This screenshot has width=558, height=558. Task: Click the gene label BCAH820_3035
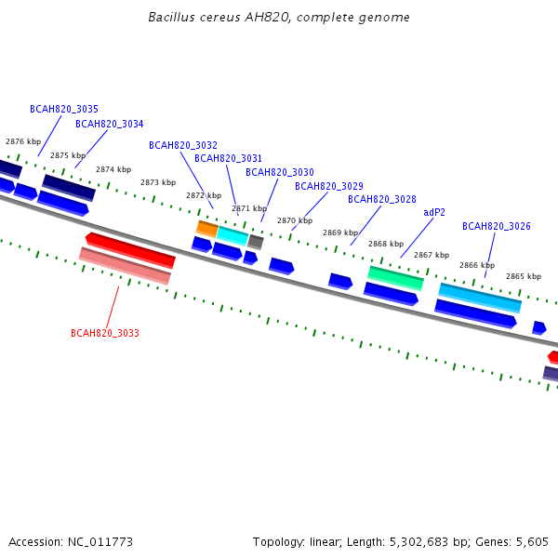(64, 109)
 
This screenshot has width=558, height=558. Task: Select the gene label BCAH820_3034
(109, 124)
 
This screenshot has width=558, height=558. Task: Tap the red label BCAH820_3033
(105, 333)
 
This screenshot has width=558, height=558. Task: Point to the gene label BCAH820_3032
(183, 145)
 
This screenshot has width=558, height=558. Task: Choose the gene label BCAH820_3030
(280, 172)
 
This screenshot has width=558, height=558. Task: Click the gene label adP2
(434, 212)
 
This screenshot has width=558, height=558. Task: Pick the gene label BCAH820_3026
(497, 226)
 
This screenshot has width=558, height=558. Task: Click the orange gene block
(207, 229)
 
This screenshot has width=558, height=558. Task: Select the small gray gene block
(256, 242)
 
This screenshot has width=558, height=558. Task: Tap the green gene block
(396, 278)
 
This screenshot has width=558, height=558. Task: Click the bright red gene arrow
(130, 250)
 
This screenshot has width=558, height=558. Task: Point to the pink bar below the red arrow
(125, 266)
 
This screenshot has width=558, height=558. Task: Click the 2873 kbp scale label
(158, 182)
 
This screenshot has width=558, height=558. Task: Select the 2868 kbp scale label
(386, 244)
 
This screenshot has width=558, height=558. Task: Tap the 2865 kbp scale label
(524, 276)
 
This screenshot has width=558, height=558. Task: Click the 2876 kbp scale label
(23, 141)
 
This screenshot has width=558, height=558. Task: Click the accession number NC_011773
(100, 542)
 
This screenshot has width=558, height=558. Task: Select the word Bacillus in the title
(171, 17)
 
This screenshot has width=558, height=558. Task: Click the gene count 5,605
(532, 542)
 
